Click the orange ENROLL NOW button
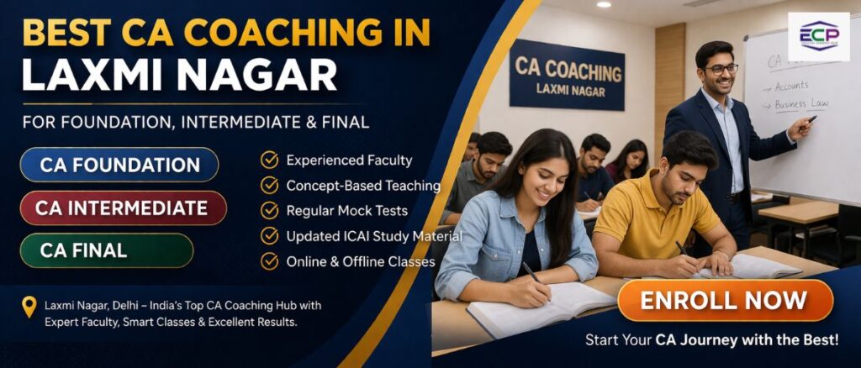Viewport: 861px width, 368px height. (725, 301)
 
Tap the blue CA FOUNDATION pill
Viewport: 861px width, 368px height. (119, 165)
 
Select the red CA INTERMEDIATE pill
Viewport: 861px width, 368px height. (122, 208)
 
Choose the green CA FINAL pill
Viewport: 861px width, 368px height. (107, 250)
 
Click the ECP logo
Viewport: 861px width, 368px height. (818, 36)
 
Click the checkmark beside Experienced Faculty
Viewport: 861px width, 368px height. (270, 160)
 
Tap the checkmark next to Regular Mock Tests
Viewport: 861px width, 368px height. (270, 210)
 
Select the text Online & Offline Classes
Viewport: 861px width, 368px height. (361, 261)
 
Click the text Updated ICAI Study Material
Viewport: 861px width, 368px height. (374, 236)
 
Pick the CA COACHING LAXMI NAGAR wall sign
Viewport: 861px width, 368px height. (567, 75)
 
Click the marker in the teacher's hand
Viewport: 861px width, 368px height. (811, 119)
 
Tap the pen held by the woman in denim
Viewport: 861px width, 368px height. (532, 272)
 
